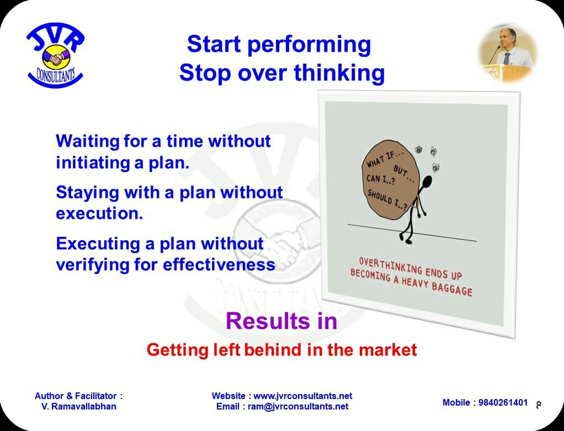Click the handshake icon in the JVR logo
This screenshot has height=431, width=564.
click(56, 57)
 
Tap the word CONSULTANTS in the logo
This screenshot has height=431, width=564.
click(56, 75)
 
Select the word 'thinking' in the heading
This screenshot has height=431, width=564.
click(339, 73)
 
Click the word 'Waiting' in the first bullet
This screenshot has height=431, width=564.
click(87, 141)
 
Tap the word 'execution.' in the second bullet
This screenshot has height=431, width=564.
click(100, 214)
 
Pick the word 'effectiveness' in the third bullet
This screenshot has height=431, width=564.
click(219, 265)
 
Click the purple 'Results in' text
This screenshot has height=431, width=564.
click(281, 321)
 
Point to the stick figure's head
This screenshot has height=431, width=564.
click(427, 182)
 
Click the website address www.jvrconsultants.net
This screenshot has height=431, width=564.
click(303, 396)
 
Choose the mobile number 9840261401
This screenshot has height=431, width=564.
click(503, 403)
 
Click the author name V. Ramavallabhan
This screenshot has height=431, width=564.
click(79, 407)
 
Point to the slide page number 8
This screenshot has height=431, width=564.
click(539, 405)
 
